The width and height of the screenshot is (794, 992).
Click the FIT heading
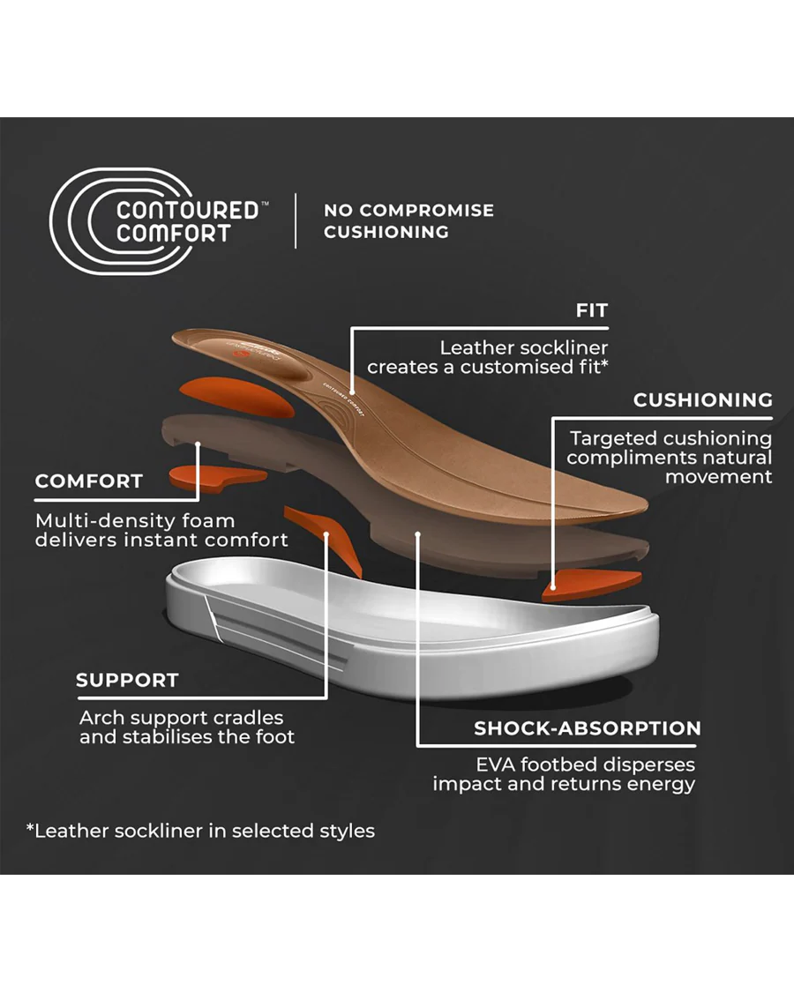[591, 310]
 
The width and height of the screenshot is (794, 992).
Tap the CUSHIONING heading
[703, 399]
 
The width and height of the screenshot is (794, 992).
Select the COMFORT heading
[88, 481]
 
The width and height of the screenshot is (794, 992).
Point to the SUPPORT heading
[127, 680]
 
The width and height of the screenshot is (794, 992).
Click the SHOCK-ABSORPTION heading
[587, 728]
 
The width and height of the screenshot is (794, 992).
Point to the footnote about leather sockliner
[200, 831]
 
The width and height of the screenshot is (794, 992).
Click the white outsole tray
[412, 632]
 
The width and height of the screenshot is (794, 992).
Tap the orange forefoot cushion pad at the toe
[591, 585]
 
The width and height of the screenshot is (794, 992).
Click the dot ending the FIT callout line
[352, 392]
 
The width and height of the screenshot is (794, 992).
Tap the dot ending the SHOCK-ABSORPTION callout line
[418, 534]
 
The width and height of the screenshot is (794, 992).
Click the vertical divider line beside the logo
[296, 220]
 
